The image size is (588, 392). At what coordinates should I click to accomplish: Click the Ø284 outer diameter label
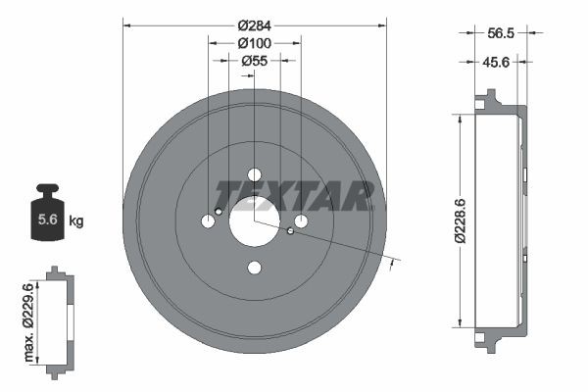tap(255, 23)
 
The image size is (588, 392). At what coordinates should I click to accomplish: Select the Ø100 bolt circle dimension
tap(255, 42)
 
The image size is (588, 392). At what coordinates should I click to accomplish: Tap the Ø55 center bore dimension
tap(255, 61)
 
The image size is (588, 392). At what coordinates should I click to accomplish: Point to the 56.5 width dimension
tap(500, 31)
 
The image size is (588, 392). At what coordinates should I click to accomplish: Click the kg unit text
tap(75, 221)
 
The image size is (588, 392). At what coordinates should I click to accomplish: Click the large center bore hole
tap(255, 221)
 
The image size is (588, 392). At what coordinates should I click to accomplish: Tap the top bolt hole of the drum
tap(255, 174)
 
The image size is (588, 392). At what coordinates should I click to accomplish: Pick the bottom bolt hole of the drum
tap(255, 268)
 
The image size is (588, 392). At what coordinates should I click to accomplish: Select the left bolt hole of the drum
tap(208, 221)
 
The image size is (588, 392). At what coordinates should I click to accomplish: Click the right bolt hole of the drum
tap(302, 221)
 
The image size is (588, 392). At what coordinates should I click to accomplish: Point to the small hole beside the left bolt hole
tap(219, 211)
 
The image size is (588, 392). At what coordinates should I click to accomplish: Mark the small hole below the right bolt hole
tap(291, 232)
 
